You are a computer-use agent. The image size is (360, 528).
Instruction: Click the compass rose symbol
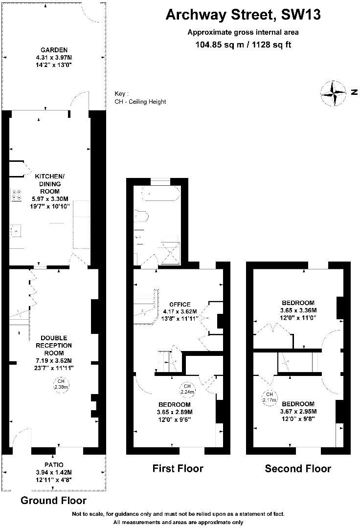[x=333, y=93]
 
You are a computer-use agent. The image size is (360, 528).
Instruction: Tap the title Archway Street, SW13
[x=243, y=15]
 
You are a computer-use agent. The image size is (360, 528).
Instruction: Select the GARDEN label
[x=54, y=50]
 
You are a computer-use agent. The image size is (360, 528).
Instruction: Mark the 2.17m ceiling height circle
[x=270, y=397]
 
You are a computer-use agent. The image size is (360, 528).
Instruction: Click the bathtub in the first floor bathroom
[x=158, y=194]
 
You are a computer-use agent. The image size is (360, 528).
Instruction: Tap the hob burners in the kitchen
[x=16, y=195]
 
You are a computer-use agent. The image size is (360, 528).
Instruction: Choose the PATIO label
[x=54, y=464]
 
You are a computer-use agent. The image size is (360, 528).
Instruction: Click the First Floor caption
[x=178, y=469]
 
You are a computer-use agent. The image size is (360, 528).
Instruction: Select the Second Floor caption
[x=297, y=469]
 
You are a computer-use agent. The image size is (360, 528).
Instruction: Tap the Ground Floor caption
[x=53, y=501]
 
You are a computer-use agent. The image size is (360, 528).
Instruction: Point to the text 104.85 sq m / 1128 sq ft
[x=243, y=45]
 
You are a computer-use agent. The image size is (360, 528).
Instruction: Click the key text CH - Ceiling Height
[x=140, y=102]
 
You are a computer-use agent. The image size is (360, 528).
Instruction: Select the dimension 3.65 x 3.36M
[x=298, y=310]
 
